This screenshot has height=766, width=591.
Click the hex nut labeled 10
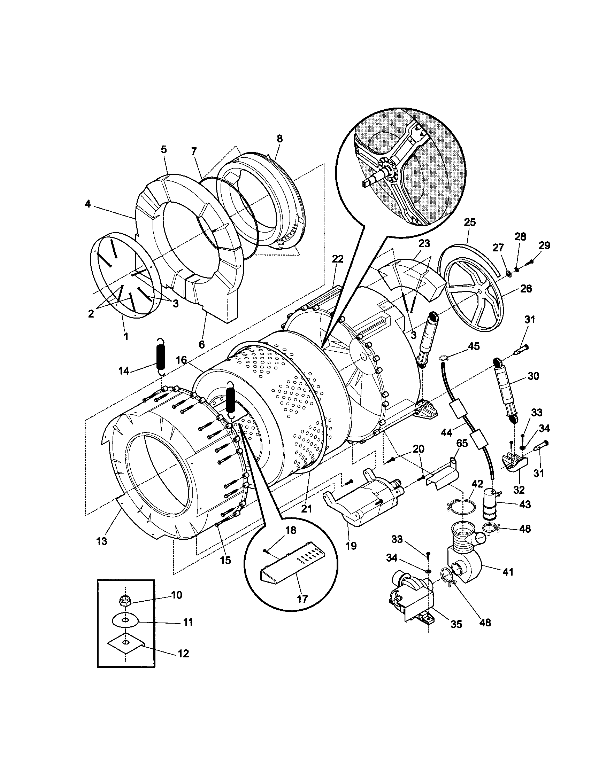coord(124,601)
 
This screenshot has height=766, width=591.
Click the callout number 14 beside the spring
coord(124,371)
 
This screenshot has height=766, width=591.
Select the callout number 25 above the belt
coord(470,222)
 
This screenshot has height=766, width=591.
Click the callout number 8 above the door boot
coord(279,139)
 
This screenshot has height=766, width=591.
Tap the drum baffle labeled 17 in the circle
coord(292,570)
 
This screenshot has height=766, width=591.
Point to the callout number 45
coord(474,346)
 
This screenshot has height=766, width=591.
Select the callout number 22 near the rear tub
coord(337,259)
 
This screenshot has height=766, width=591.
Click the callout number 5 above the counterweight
coord(164,149)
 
